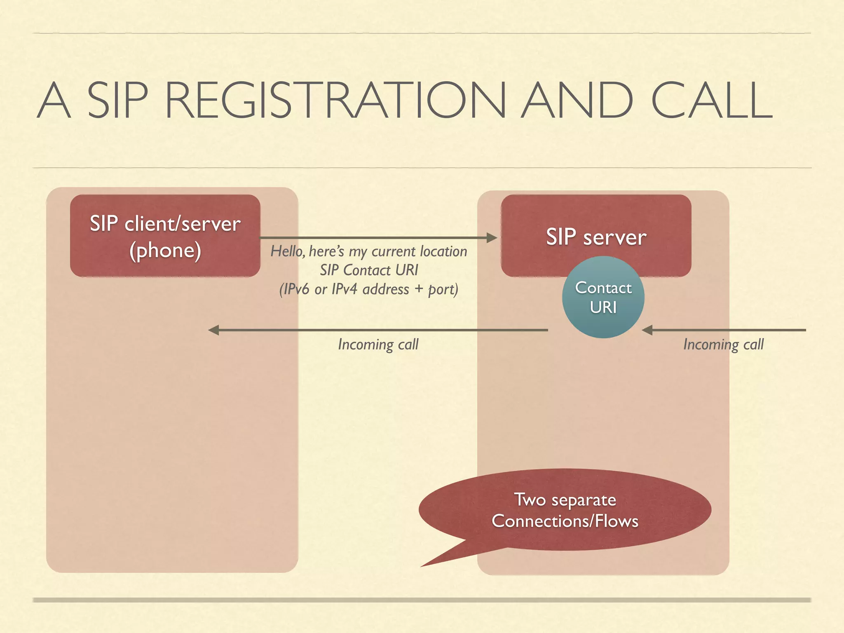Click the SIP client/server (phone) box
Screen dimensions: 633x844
point(165,236)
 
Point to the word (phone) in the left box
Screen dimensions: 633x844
point(165,251)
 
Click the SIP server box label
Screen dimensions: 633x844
point(596,237)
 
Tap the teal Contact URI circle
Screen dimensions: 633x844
point(603,297)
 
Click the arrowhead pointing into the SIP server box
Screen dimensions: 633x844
point(492,238)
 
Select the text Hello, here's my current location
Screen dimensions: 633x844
point(368,251)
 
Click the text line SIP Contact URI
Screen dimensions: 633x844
point(368,270)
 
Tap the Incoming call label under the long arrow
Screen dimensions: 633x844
point(378,344)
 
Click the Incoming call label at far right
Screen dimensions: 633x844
point(723,344)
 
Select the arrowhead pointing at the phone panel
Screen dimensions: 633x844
point(213,330)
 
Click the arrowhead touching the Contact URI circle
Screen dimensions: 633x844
point(647,330)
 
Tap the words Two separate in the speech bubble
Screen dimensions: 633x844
point(565,500)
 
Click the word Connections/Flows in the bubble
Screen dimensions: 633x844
point(565,521)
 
